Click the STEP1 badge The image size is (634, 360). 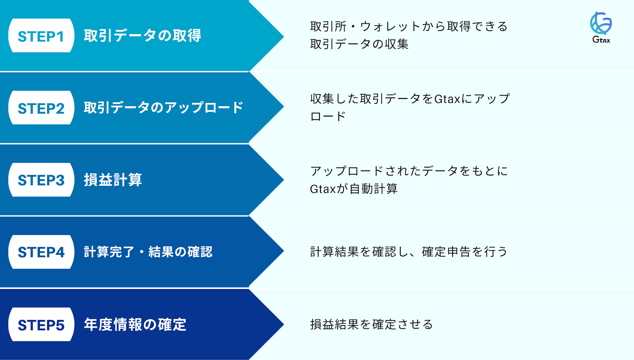coord(41,36)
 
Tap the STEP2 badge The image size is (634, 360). coord(41,108)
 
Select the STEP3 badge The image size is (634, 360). coord(41,180)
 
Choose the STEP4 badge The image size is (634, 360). coord(41,252)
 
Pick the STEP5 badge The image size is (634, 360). coord(41,324)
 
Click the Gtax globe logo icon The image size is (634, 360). coord(601,23)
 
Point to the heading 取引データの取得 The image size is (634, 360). coord(142,36)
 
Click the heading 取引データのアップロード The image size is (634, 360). coord(163,108)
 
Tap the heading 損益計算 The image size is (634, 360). coord(113,180)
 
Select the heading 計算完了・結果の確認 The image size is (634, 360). coord(148,252)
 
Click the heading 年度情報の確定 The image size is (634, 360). coord(135,324)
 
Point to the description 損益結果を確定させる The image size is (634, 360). coord(371,324)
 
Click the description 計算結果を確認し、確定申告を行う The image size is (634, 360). coord(409,252)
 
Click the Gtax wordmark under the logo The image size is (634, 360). coord(601,40)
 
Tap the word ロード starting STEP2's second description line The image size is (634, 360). coord(328,116)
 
